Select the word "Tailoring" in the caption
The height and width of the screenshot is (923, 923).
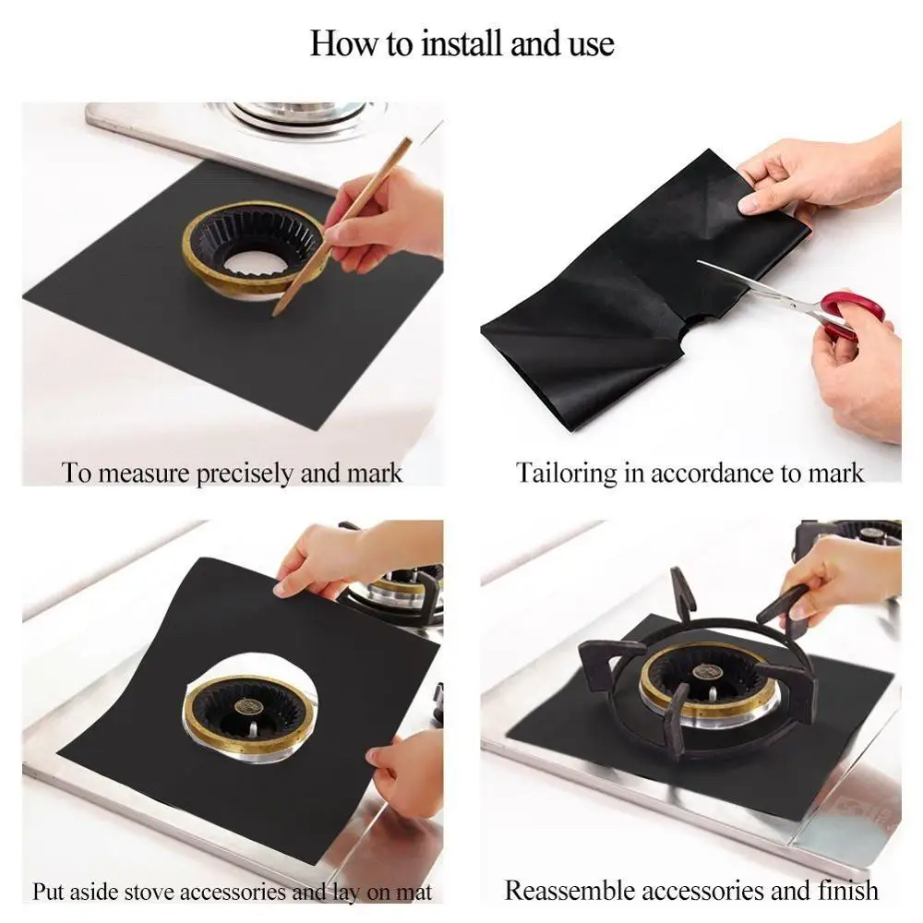pos(566,473)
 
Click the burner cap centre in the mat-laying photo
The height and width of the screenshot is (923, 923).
pos(245,706)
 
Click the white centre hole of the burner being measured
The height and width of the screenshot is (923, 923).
pos(255,264)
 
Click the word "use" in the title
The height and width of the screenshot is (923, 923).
pos(591,44)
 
